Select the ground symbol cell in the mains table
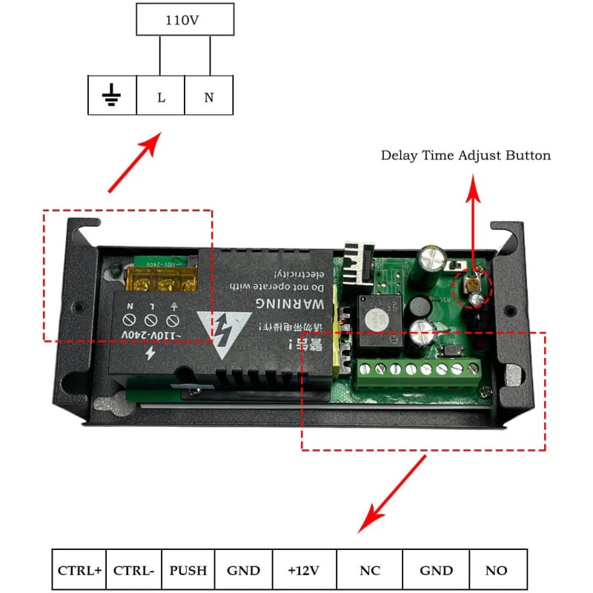(112, 96)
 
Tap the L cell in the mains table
(161, 96)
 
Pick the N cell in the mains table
(209, 96)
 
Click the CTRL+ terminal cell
(79, 570)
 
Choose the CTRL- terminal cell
(133, 570)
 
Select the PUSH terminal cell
(188, 570)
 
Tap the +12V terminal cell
(304, 570)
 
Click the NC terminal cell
(369, 570)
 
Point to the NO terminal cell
(496, 570)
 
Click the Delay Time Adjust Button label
(466, 156)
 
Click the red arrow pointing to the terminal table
(394, 492)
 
